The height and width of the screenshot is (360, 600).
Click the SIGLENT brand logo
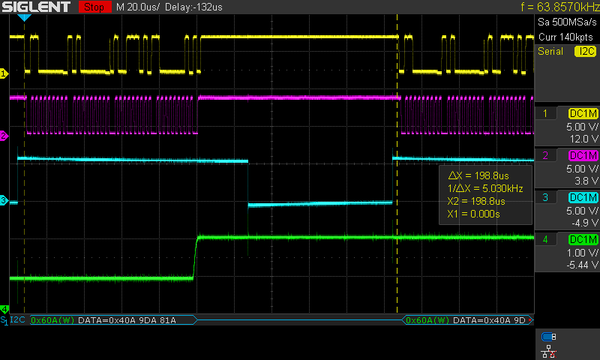tap(36, 7)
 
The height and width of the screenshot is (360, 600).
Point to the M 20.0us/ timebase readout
tap(138, 7)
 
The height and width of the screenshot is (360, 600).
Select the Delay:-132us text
tap(193, 7)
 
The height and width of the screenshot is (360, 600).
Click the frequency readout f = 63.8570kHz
tap(560, 7)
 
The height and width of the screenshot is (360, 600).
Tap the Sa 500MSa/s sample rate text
tap(567, 22)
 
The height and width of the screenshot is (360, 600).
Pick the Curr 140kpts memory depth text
tap(565, 37)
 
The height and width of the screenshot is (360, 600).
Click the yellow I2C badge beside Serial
tap(585, 51)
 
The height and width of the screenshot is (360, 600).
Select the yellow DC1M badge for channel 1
tap(583, 113)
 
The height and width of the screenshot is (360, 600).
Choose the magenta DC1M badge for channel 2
tap(583, 155)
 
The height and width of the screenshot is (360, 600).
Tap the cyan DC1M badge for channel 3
tap(583, 197)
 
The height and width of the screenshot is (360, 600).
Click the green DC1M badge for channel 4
tap(583, 239)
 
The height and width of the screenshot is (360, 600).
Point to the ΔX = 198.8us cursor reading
tap(478, 175)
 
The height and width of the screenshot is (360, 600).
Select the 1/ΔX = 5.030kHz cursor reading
tap(484, 188)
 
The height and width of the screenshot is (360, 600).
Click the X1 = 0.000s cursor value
tap(473, 214)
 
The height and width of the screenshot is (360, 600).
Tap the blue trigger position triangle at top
tap(24, 17)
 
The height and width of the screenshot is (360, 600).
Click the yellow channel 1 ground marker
tap(4, 73)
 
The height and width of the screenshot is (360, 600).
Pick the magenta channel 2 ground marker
tap(4, 136)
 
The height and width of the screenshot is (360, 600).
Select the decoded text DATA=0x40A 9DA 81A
tap(127, 320)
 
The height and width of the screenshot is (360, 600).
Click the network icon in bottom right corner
tap(549, 351)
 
